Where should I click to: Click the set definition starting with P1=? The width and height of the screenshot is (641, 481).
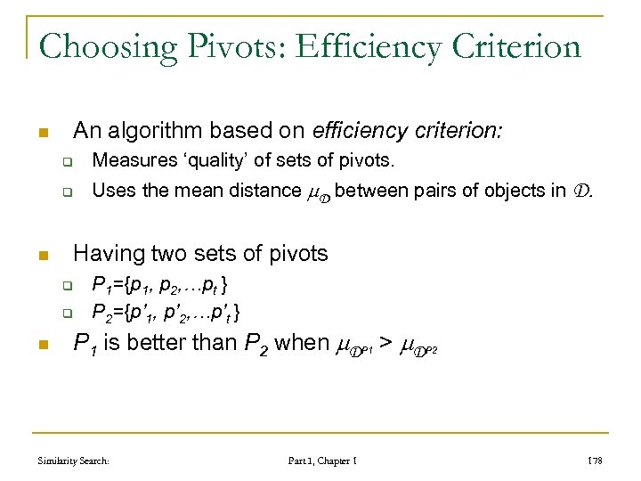[165, 285]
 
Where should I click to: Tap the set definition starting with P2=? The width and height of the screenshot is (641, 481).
[166, 313]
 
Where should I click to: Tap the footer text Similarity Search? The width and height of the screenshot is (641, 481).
[73, 461]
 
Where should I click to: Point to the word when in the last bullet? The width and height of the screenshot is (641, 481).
[303, 344]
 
